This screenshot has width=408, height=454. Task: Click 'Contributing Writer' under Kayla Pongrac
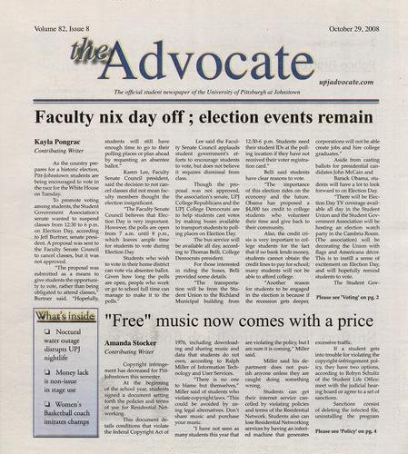point(59,156)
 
